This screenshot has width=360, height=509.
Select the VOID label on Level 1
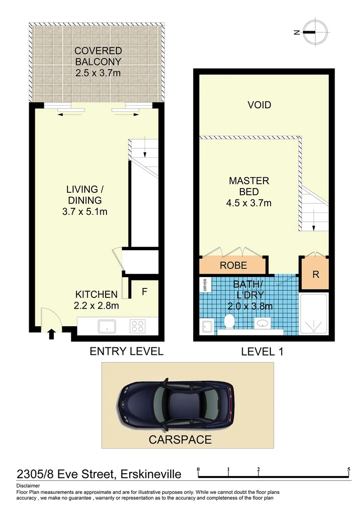point(260,105)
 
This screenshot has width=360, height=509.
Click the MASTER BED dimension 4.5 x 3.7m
point(249,203)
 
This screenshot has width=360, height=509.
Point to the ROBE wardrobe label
point(233,265)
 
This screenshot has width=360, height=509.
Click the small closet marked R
point(316,274)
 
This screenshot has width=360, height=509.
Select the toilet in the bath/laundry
point(229,322)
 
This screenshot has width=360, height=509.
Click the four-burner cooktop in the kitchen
point(137,326)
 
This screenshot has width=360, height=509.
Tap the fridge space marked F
point(145,291)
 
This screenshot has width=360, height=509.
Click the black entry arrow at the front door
point(51,334)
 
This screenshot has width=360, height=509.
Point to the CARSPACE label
point(180,440)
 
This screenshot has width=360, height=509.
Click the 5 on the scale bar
point(349,469)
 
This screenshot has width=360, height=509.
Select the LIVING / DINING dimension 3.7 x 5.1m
point(85,212)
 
